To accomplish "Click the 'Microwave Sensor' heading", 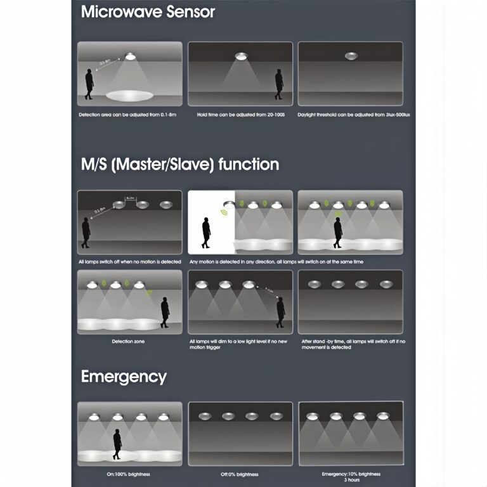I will click(148, 11).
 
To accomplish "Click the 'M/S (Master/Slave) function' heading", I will click(179, 165).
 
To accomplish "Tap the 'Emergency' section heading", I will click(124, 377).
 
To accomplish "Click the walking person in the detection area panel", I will click(90, 84).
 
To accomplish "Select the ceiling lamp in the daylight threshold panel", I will click(350, 57).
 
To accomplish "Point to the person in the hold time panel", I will click(278, 84).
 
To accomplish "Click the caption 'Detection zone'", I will click(128, 342).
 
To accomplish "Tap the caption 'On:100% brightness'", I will click(128, 474).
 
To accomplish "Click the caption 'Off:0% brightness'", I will click(240, 474).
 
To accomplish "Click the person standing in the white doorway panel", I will click(206, 233).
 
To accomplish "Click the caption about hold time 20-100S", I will click(240, 115).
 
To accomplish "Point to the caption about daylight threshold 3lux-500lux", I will click(350, 115).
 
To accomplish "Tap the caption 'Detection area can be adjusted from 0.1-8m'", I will click(128, 115).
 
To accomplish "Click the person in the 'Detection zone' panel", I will click(165, 313).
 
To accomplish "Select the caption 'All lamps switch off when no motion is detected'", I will click(129, 261).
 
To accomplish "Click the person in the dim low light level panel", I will click(280, 313).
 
